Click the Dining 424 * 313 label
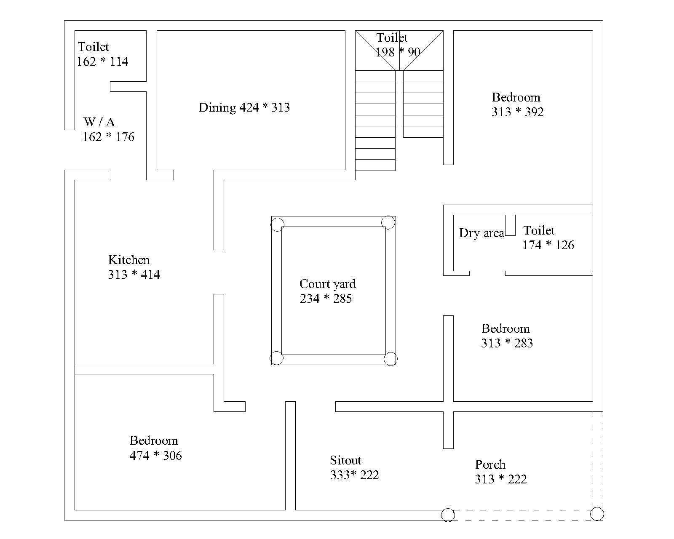pos(244,107)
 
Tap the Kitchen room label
pos(129,260)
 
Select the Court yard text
pos(327,284)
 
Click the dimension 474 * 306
pos(155,456)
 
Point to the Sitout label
pos(345,460)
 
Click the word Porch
pos(490,464)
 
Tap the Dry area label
pos(481,233)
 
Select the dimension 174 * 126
pos(548,245)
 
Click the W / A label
pos(99,122)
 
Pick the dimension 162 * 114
pos(102,61)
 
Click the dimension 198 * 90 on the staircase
pos(398,52)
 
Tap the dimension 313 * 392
pos(517,112)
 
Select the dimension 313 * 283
pos(507,343)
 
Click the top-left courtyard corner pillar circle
pos(277,224)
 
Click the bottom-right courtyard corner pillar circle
pos(390,359)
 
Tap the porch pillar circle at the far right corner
pos(597,514)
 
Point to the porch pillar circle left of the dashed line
pos(448,515)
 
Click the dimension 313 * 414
pos(134,275)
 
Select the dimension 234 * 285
pos(326,299)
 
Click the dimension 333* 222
pos(354,475)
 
